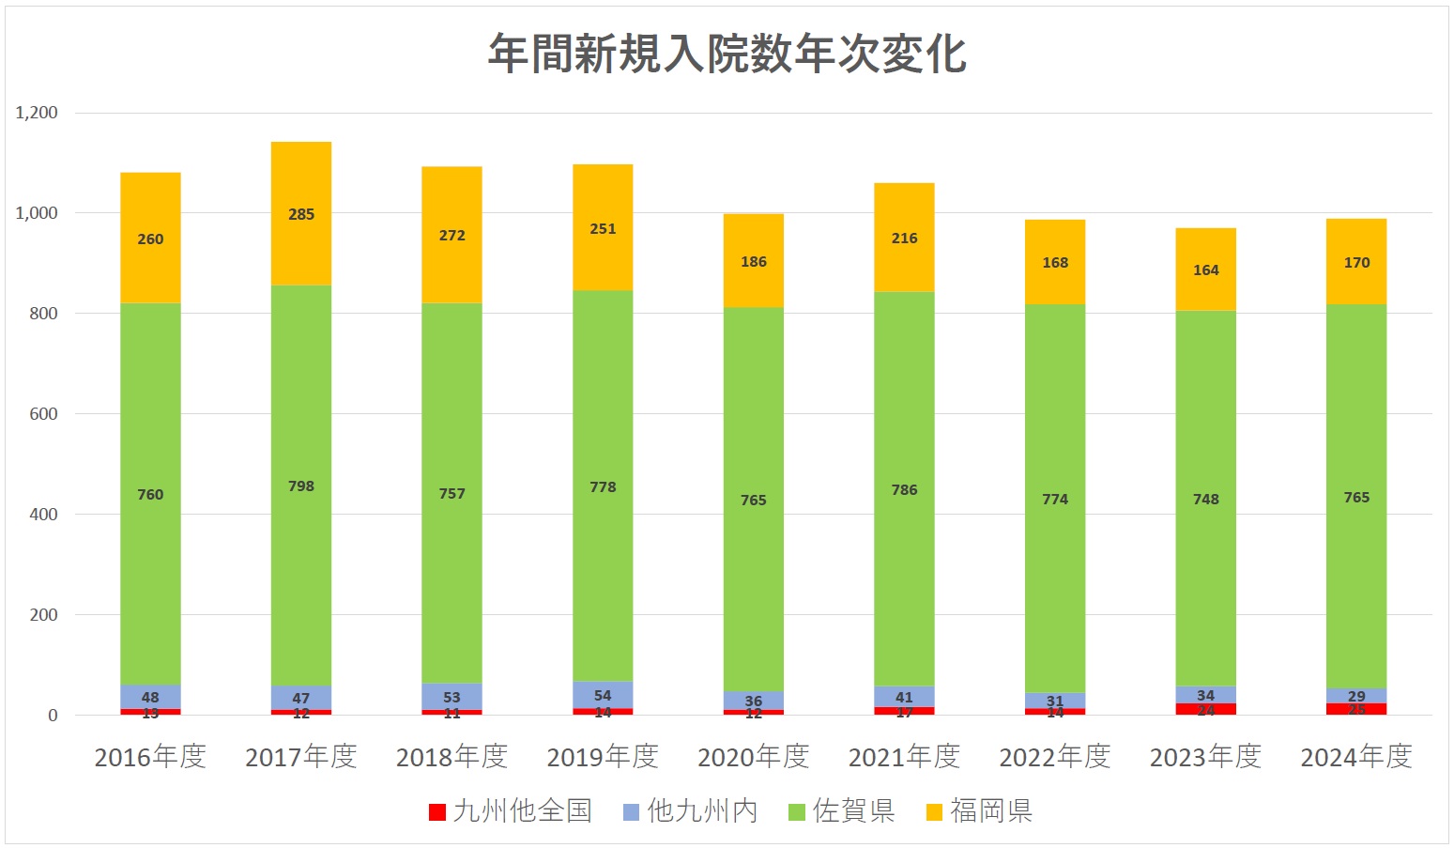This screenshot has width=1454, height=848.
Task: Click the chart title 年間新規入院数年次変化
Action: pos(727,54)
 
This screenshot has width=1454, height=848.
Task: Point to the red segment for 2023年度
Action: pos(1205,709)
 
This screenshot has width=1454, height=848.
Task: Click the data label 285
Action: pos(301,214)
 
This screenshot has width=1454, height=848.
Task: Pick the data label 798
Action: pos(301,486)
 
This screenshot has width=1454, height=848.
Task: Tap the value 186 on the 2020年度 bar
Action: pos(753,262)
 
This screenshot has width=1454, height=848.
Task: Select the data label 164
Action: pos(1205,270)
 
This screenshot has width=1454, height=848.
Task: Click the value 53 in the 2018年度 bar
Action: pos(452,697)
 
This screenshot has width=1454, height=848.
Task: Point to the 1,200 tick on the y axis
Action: pos(37,113)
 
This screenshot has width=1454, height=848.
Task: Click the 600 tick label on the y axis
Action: pos(43,414)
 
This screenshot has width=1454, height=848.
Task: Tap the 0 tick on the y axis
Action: pos(53,716)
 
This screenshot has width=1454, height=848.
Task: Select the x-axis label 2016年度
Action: pos(150,757)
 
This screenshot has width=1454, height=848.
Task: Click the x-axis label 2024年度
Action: pos(1355,757)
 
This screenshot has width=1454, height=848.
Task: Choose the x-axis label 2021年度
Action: pos(904,757)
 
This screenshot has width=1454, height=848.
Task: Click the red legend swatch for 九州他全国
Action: pos(436,812)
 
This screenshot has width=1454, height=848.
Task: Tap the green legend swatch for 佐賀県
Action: pos(796,812)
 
